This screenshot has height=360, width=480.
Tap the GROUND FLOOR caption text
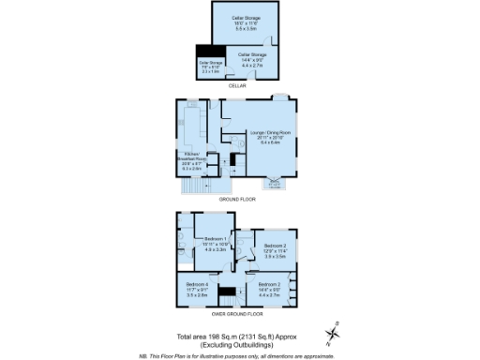[x=236, y=200]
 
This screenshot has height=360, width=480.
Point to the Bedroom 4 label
[x=197, y=286]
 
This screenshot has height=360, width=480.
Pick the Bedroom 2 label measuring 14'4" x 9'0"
[x=269, y=286]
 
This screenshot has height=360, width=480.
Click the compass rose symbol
[x=335, y=333]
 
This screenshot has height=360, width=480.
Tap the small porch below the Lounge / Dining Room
[x=274, y=185]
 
